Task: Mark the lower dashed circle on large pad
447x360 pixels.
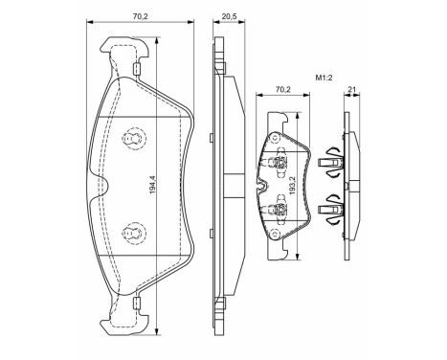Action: point(134,231)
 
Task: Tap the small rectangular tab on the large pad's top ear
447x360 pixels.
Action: point(138,68)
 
